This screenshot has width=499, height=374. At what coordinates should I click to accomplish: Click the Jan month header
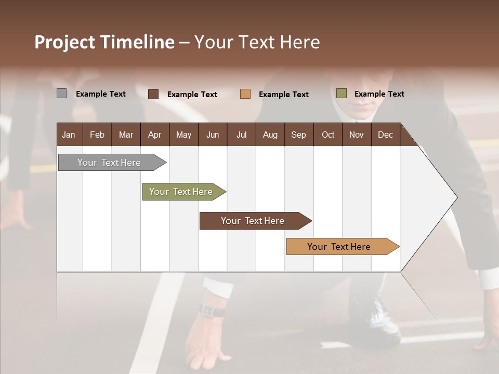[x=69, y=135]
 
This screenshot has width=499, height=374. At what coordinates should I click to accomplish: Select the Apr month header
[x=154, y=135]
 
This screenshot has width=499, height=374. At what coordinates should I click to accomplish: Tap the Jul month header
[x=241, y=135]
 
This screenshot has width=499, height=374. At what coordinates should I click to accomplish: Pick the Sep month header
[x=298, y=135]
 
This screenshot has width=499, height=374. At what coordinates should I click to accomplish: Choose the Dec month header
[x=385, y=135]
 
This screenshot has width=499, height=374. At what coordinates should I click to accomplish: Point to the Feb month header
[x=97, y=135]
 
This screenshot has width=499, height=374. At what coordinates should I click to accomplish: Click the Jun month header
[x=213, y=135]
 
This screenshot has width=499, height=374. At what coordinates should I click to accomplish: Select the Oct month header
[x=328, y=135]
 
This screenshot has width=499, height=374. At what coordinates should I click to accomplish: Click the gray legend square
[x=62, y=94]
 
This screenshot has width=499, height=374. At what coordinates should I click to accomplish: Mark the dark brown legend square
[x=153, y=94]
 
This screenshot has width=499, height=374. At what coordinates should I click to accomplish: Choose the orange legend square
[x=245, y=94]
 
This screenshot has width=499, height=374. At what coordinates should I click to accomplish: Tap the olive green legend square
[x=342, y=94]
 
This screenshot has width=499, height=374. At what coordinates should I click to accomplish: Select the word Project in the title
[x=65, y=42]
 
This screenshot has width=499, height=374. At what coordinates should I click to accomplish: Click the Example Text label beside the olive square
[x=379, y=94]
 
